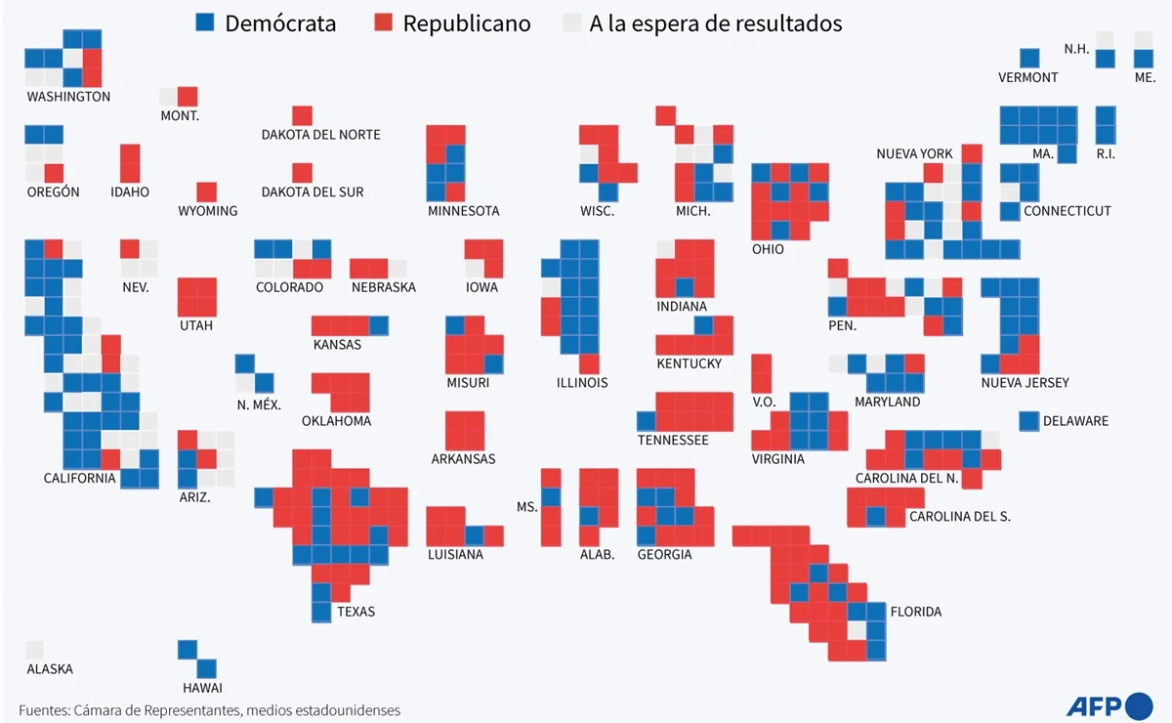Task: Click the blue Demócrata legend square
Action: [x=206, y=23]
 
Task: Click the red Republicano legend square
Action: [x=384, y=23]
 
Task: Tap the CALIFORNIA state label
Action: [x=79, y=479]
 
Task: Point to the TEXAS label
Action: [x=356, y=613]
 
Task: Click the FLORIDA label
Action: [x=916, y=613]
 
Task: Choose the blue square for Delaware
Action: [x=1028, y=421]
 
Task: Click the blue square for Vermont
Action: [x=1029, y=59]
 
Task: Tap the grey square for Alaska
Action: [x=35, y=651]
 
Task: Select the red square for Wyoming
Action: [x=206, y=191]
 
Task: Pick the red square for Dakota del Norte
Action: [x=302, y=115]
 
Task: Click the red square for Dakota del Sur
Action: [x=302, y=173]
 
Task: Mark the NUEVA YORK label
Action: [x=914, y=154]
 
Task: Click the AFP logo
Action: [x=1109, y=705]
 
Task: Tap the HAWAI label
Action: [x=202, y=688]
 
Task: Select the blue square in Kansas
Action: [x=378, y=325]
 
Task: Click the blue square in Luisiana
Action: [x=474, y=535]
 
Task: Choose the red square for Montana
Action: [x=188, y=97]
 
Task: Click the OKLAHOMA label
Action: [x=336, y=421]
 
